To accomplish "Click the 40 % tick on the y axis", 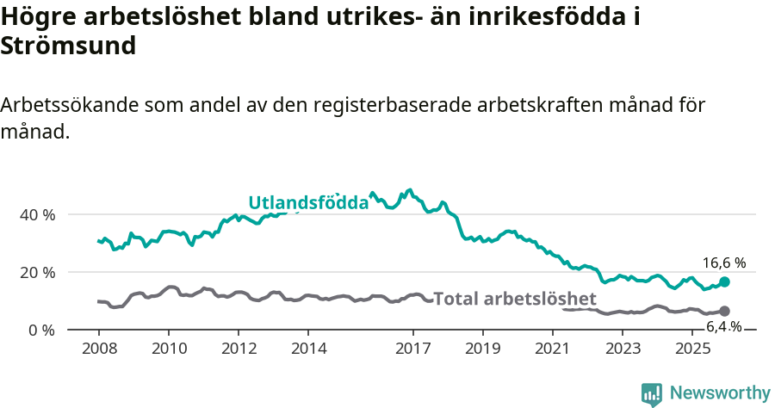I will click(38, 214).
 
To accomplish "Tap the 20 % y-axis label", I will click(38, 272).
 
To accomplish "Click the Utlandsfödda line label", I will click(308, 203).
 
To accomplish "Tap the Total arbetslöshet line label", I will click(515, 299).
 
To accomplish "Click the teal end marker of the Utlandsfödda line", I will click(724, 282).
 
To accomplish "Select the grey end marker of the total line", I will click(724, 311).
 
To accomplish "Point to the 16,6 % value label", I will click(723, 263).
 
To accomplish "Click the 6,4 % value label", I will click(723, 326).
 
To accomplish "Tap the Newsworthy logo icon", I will click(652, 393).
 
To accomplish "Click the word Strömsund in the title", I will click(69, 46).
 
